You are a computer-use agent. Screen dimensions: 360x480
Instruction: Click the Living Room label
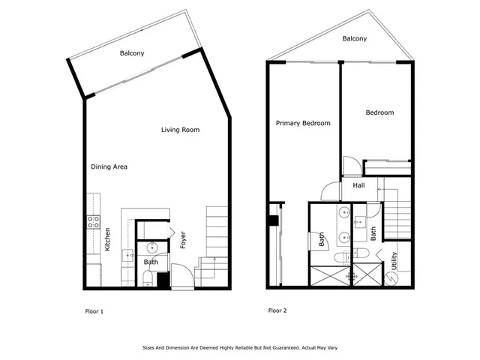point(181,130)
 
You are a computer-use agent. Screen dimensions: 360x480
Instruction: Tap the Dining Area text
point(109,166)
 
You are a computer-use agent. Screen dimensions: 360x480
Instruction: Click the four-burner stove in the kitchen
point(94,222)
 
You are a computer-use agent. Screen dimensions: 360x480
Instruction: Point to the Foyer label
point(183,241)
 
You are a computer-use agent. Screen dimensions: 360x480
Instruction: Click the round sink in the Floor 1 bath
point(152,247)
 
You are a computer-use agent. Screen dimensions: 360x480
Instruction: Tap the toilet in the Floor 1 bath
point(148,279)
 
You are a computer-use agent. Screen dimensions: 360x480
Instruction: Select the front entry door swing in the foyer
point(182,274)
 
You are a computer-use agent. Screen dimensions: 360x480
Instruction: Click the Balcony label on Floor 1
point(132,53)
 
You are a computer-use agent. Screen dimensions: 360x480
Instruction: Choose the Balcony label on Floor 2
point(356,38)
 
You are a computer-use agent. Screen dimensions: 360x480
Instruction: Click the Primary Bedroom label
point(303,123)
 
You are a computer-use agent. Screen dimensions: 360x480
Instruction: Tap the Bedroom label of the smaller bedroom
point(379,112)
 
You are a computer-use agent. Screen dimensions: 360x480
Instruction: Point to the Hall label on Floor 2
point(358,184)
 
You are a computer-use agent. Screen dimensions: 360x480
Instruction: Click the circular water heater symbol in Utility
point(390,277)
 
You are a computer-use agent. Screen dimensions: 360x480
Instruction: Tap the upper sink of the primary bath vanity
point(343,212)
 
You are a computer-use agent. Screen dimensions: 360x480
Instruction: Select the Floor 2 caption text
point(277,310)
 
